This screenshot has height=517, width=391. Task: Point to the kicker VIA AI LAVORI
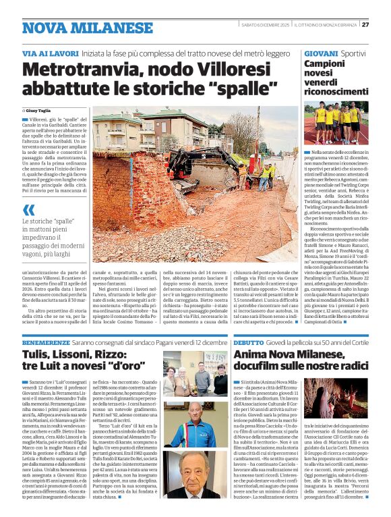coord(49,53)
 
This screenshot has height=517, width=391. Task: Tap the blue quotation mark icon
coord(27,210)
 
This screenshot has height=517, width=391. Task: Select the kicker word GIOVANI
coord(321,53)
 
